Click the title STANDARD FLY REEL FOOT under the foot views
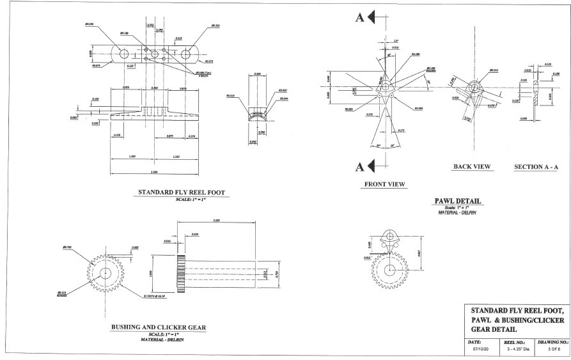[x=182, y=192]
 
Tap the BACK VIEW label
[x=472, y=167]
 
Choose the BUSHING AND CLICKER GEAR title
[x=159, y=327]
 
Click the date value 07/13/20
[x=479, y=350]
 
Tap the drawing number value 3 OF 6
[x=548, y=350]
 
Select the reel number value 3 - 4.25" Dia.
[x=515, y=350]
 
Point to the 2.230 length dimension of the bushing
[x=217, y=221]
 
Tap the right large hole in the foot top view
[x=186, y=54]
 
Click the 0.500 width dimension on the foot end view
[x=256, y=74]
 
